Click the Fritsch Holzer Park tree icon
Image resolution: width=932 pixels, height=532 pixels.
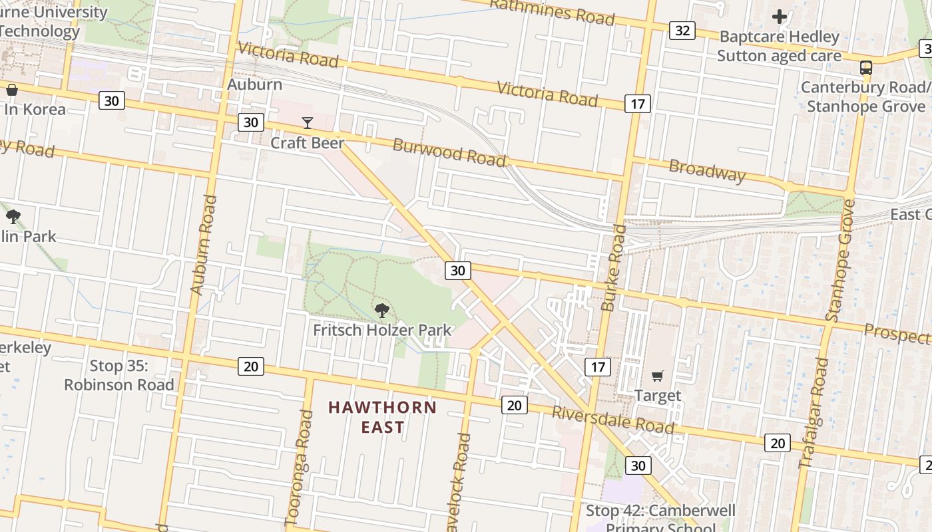tap(381, 310)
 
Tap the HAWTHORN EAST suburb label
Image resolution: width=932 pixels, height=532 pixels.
tap(383, 417)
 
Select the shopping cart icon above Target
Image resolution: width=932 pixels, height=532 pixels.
tap(658, 376)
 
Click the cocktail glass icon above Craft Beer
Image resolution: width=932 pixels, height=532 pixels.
tap(307, 123)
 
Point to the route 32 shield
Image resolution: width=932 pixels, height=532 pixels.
tap(682, 31)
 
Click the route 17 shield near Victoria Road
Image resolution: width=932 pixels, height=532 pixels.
tap(638, 104)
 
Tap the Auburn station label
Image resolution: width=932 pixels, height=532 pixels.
tap(255, 84)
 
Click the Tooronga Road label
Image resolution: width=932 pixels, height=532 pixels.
tap(299, 465)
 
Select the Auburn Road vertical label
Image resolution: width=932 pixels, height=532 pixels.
tap(204, 245)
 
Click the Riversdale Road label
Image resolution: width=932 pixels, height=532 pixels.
tap(612, 420)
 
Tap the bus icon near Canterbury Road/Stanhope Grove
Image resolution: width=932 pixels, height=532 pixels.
tap(866, 67)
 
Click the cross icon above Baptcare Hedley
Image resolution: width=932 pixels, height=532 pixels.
tap(780, 17)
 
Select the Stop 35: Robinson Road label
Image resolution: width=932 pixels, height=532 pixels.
tap(119, 375)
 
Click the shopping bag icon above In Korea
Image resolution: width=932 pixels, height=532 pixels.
tap(11, 90)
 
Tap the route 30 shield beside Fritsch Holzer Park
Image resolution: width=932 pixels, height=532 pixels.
tap(457, 270)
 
